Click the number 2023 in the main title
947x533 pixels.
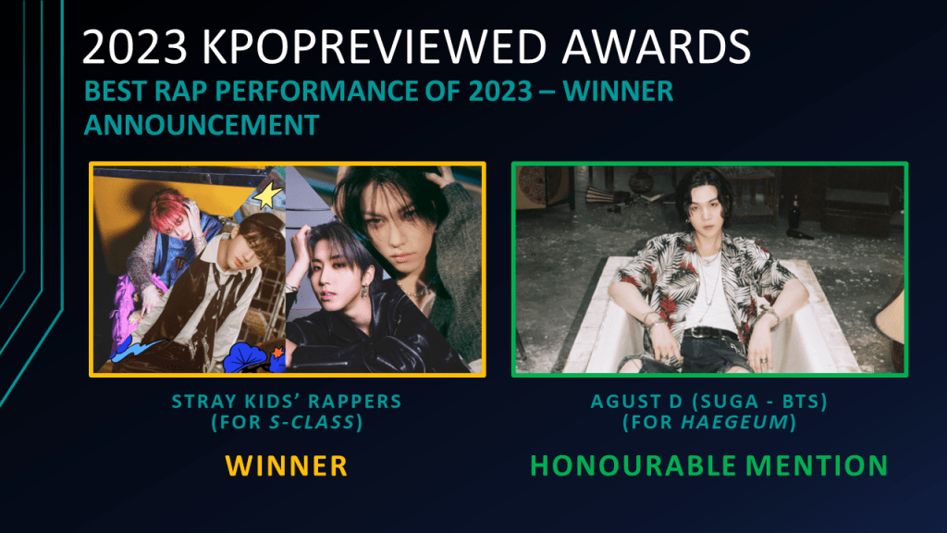135,46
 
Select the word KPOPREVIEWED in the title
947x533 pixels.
374,46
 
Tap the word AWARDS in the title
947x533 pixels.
657,46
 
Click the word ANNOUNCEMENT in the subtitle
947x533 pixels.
201,125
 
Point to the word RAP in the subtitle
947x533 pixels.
181,92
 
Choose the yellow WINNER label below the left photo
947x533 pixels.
287,466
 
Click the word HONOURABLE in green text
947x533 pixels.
633,466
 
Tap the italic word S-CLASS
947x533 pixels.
312,422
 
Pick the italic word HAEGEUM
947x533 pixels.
735,422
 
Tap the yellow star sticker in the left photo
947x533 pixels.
267,196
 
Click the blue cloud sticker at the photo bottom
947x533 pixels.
246,358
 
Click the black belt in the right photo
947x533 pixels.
716,333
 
